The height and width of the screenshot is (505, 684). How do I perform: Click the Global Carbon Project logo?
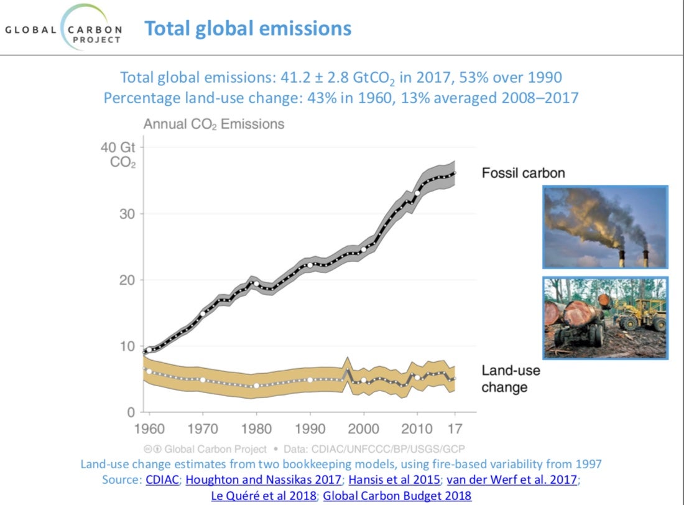click(64, 29)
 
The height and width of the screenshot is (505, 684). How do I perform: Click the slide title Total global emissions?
click(247, 28)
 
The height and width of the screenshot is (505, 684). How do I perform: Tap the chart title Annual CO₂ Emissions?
click(213, 124)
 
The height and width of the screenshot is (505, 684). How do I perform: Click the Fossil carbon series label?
click(523, 173)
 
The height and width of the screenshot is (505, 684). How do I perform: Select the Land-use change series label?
click(511, 379)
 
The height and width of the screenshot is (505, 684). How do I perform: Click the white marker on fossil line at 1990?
click(310, 265)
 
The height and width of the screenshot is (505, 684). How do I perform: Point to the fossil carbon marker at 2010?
click(417, 193)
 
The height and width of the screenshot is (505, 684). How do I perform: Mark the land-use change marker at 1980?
click(256, 386)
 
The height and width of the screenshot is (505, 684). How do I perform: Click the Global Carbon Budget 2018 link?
click(397, 496)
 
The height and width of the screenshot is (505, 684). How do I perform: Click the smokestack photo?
click(604, 226)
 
